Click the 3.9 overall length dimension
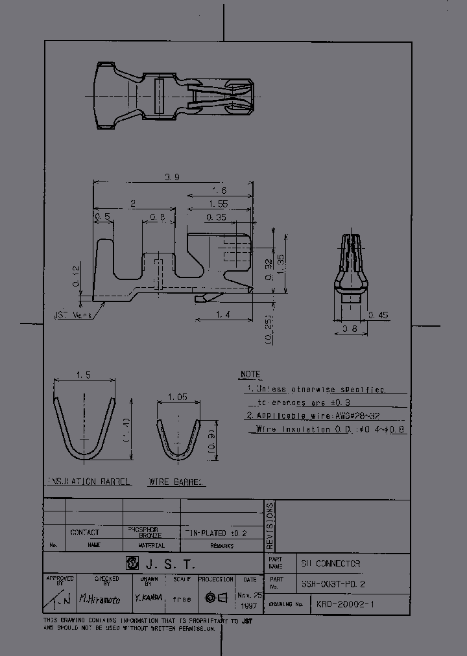point(173,176)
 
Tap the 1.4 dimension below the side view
point(223,314)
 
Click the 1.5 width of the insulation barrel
point(83,375)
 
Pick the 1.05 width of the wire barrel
point(177,397)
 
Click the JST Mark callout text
point(73,315)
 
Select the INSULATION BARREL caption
point(89,482)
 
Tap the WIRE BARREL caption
point(176,482)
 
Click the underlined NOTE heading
point(250,375)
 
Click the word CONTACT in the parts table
point(84,532)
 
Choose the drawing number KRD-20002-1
point(345,604)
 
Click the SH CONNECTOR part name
point(331,563)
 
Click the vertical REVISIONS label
point(270,526)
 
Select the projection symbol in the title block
point(216,598)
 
